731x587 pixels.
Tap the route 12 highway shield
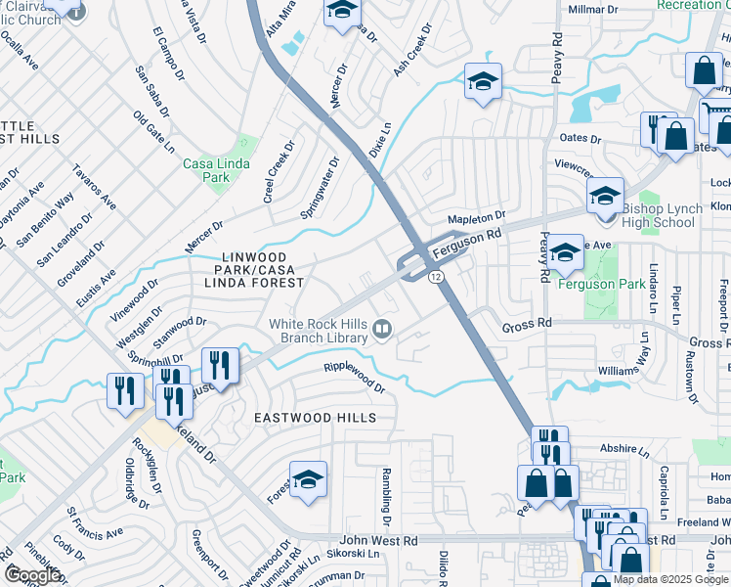pos(434,278)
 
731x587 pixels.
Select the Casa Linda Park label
pos(206,170)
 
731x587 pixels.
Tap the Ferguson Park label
pos(601,284)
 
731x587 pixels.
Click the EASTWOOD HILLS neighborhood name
pos(315,418)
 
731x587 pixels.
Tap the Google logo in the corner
pos(32,575)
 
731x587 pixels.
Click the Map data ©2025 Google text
pos(670,579)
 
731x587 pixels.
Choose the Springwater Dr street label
pos(320,186)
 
